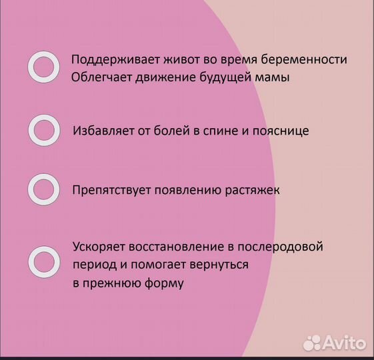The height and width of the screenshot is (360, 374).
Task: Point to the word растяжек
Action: [x=253, y=190]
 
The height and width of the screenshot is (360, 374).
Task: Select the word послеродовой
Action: [x=281, y=247]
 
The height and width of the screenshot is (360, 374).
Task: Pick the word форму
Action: [x=165, y=283]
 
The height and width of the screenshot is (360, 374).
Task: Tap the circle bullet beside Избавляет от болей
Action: [x=43, y=130]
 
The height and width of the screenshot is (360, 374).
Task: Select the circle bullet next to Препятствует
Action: [x=43, y=190]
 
